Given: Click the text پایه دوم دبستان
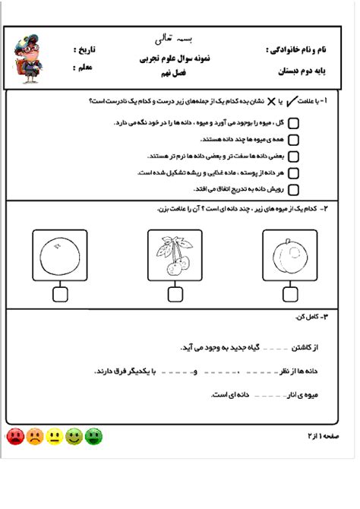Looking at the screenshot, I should point(308,71).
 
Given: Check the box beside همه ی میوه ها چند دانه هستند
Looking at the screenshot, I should point(294,140).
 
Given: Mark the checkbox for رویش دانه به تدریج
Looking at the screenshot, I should point(294,190).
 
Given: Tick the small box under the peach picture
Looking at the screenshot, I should point(290,293).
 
